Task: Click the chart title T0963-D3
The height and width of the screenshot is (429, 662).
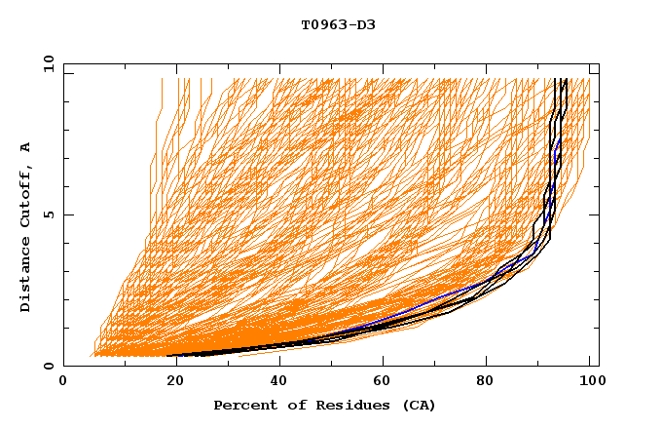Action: pos(338,24)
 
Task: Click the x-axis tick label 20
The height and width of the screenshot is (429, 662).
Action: pos(168,382)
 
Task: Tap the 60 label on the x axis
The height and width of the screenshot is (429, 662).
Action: pos(380,382)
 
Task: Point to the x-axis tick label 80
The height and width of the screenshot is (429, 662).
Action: pos(485,382)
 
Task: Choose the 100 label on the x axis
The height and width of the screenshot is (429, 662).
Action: pos(590,382)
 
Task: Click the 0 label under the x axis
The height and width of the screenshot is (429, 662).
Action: pos(63,382)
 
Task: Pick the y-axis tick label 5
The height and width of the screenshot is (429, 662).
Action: pos(47,214)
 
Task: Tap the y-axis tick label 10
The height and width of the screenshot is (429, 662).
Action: pos(45,63)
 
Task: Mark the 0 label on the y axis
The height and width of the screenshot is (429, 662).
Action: pos(47,366)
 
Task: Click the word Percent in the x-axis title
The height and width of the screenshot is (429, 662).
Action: pos(241,405)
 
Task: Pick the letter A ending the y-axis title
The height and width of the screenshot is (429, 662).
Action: pos(25,147)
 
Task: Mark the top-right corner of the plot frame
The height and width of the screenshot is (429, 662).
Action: pos(599,63)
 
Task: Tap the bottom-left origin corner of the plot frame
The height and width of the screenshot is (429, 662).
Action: pos(63,366)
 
